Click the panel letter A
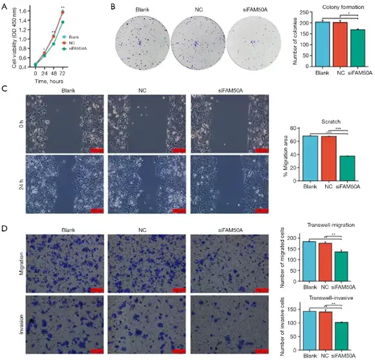(x=5, y=6)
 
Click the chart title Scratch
(x=328, y=120)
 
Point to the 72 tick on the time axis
(x=63, y=73)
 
